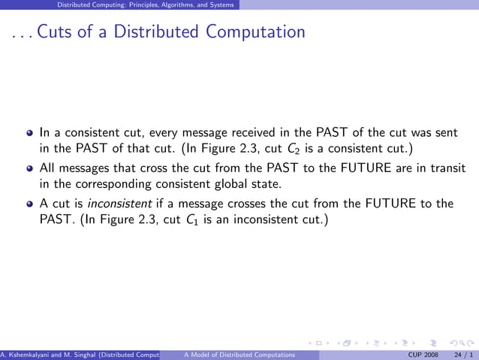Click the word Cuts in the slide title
[x=53, y=32]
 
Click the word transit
[x=446, y=168]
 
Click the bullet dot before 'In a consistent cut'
[x=30, y=133]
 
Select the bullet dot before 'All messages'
[x=30, y=169]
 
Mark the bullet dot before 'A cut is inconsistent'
[x=30, y=204]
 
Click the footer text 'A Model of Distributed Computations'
[x=239, y=354]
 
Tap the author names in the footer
[x=80, y=354]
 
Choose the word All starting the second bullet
[x=47, y=168]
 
